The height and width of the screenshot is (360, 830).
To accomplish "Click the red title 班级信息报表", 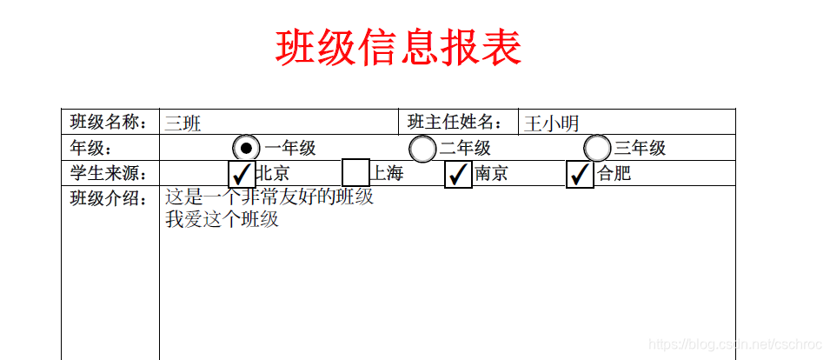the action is point(398,47).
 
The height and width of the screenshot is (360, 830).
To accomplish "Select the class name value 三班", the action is point(183,123).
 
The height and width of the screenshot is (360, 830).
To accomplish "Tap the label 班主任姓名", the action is point(455,123).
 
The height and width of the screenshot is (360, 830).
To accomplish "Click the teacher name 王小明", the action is point(551,123).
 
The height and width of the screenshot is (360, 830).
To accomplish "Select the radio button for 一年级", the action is point(246,148).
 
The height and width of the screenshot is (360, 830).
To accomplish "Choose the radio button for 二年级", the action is point(422,149).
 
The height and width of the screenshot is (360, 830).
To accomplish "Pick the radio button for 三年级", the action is point(597,149).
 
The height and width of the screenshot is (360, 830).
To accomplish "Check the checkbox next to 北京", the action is point(242,173).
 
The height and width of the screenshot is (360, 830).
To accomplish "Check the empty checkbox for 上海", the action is point(356,173).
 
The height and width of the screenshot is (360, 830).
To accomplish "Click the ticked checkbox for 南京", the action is point(458,174).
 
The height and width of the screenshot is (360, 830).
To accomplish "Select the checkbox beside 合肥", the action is point(580,174).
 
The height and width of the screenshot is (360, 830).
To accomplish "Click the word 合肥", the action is point(614,174).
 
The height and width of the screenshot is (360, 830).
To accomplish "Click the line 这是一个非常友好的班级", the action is point(269,197).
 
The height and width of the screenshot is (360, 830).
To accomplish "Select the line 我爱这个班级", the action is point(222,219).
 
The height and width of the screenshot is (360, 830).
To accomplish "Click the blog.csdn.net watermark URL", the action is point(735,345).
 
